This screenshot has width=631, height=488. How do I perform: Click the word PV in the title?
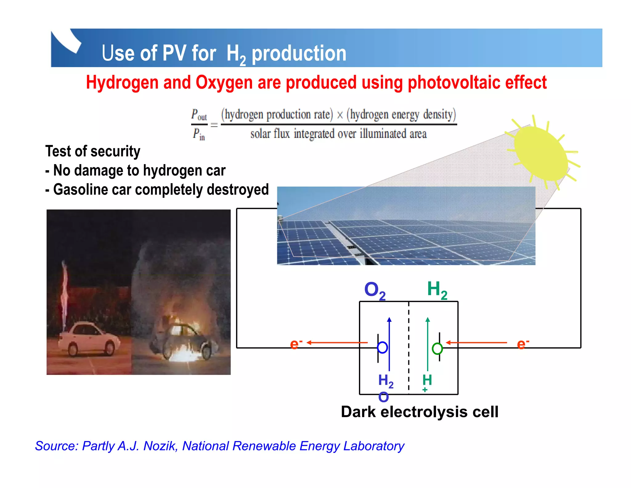coord(174,53)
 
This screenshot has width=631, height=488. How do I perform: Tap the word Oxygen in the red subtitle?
coord(224,83)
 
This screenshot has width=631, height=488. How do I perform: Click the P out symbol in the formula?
coord(199,115)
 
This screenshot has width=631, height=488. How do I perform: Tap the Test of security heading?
coord(93,151)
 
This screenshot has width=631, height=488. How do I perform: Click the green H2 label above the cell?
coord(437,290)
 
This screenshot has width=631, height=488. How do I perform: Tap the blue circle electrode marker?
coord(382,348)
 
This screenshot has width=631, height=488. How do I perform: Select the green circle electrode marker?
coord(437,349)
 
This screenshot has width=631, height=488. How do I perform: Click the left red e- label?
coord(296,344)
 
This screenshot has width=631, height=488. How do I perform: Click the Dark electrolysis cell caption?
coord(419,412)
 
